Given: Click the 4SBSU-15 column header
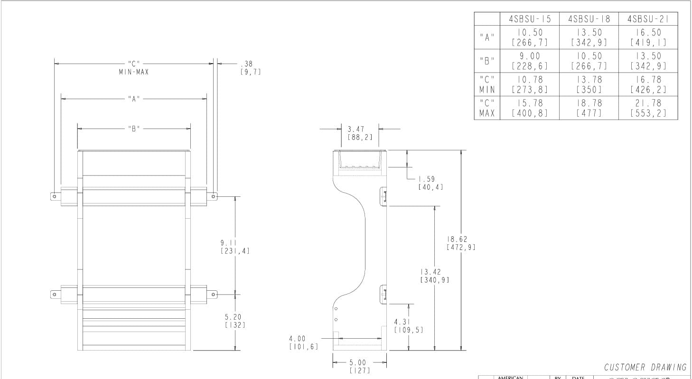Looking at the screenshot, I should click(530, 19).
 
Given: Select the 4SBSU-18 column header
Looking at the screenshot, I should click(589, 19).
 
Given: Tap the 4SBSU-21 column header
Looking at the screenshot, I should click(648, 19).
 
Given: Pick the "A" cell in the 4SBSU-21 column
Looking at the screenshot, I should click(648, 37).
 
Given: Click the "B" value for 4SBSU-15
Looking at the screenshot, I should click(530, 61).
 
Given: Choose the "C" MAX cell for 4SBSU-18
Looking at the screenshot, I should click(589, 108).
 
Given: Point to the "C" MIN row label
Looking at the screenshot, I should click(487, 84).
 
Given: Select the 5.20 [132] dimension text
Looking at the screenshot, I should click(235, 321).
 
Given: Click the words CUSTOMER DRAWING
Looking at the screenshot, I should click(645, 367).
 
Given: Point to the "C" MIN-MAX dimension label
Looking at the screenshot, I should click(134, 67).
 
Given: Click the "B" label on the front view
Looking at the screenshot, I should click(134, 129).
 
